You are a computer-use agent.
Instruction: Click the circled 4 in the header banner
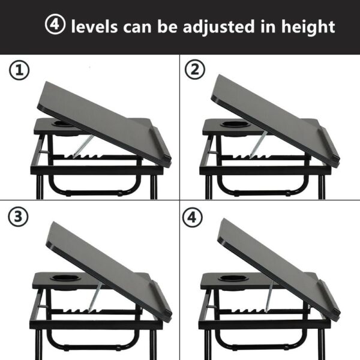point(55,26)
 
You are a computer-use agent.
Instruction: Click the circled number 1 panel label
point(19,71)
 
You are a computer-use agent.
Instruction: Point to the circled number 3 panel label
point(19,217)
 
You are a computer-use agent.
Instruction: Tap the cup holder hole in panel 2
point(230,125)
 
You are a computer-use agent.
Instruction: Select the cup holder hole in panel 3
point(62,279)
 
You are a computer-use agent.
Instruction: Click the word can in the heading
point(137,27)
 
